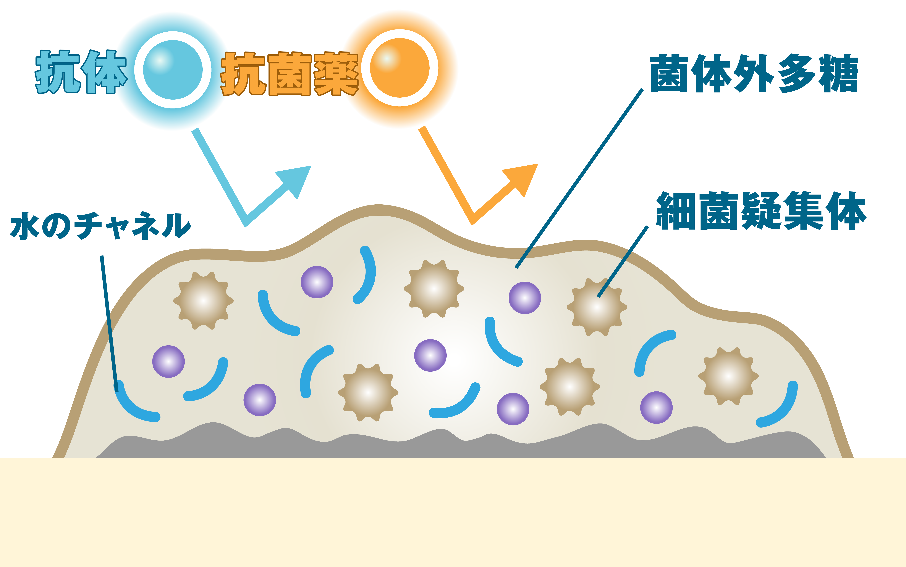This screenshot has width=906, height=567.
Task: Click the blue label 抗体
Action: [x=81, y=72]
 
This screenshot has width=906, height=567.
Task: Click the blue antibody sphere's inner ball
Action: [x=173, y=70]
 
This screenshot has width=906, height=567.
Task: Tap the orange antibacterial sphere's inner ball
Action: [x=400, y=68]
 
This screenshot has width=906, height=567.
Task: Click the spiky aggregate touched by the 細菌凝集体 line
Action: [x=597, y=307]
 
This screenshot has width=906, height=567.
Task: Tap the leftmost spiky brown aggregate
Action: [x=203, y=301]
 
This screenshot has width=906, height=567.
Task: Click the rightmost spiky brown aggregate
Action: [x=728, y=376]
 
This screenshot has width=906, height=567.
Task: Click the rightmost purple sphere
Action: [x=656, y=408]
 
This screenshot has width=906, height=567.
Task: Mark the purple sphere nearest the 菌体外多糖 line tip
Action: [x=525, y=298]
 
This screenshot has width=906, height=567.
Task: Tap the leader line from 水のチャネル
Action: [x=109, y=323]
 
